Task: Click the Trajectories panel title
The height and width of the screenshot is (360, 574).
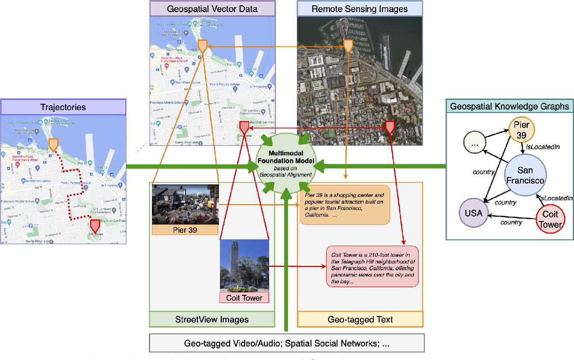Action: pos(63,106)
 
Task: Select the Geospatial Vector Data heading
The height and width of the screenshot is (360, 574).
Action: pos(212,9)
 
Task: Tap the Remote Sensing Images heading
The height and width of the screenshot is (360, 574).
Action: pos(359,9)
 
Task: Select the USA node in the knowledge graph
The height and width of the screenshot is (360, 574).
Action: pos(473,212)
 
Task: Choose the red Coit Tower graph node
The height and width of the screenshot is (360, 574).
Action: pos(550,219)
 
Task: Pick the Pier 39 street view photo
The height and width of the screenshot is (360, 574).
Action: pos(185,204)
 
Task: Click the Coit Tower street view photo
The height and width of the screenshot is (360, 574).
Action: pos(244,266)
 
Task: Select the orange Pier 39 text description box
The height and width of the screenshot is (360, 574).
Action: pos(344,205)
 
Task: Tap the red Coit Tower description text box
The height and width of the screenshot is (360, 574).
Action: pos(372,266)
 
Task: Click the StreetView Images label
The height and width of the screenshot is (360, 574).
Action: pos(212,319)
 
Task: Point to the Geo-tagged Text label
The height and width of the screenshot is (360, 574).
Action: pos(360,319)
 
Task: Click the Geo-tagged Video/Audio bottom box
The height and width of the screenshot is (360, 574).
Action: pos(287,343)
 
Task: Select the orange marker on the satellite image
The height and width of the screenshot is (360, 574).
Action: pos(348,45)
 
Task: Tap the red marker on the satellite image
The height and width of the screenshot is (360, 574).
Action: pos(390,127)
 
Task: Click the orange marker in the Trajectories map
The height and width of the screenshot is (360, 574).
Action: pos(54,144)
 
